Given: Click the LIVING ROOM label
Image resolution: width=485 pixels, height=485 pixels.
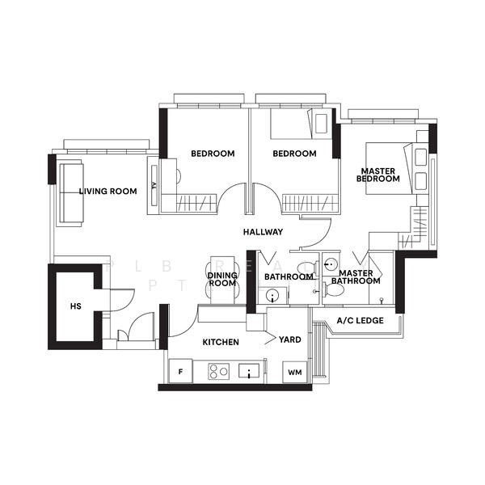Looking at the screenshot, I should click(x=108, y=192).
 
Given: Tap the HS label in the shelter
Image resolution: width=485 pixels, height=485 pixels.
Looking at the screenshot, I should click(x=76, y=306).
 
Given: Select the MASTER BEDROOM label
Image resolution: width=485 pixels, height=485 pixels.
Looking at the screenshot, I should click(x=380, y=175).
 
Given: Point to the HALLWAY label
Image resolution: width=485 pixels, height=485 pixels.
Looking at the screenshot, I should click(x=264, y=232).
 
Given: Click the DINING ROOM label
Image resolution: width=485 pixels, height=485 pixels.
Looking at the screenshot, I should click(x=222, y=280).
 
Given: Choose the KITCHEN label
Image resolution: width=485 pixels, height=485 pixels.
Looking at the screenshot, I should click(x=220, y=343).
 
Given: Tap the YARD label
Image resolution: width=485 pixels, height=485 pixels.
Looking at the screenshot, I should click(x=290, y=339).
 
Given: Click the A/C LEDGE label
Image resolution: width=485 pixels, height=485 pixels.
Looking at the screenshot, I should click(x=360, y=322).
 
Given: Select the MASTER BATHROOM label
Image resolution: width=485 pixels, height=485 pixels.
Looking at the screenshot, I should click(x=356, y=277).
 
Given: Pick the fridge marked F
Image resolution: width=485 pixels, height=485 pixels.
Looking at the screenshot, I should click(x=180, y=373).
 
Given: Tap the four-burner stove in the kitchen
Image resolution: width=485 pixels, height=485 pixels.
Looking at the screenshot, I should click(x=219, y=372).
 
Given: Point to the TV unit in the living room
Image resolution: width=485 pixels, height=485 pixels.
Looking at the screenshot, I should click(x=153, y=186).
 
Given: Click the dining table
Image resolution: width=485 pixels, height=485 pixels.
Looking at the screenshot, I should click(x=222, y=280).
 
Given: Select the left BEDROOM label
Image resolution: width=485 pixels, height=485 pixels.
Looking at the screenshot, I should click(x=213, y=154).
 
